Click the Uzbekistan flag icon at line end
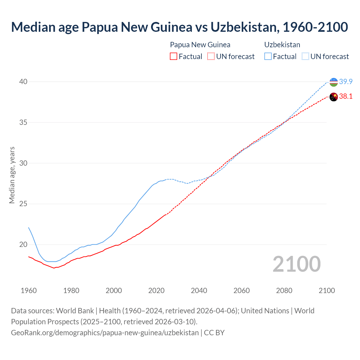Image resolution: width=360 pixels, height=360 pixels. point(334,82)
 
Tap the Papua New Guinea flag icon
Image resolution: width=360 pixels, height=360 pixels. point(334,97)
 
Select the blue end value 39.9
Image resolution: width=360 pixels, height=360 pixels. point(346,82)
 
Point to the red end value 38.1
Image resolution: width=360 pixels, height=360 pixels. point(346,96)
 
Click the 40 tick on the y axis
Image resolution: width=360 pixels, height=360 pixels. point(23,82)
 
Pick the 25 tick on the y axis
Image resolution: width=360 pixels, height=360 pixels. point(23,204)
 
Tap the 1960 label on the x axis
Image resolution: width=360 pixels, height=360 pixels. point(29,291)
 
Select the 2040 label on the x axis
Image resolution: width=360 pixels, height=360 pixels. point(199,291)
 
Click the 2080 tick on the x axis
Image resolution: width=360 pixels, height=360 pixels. point(284,291)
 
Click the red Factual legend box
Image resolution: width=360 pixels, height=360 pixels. point(174,57)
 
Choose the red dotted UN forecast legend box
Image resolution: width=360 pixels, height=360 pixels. point(211,57)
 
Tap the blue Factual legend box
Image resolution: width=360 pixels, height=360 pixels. point(268,57)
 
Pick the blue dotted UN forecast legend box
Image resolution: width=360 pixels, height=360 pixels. point(305,57)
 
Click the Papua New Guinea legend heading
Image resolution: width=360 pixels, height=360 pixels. point(200,45)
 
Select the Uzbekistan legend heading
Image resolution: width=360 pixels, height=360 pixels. point(282,45)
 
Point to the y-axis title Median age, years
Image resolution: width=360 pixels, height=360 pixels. point(12,175)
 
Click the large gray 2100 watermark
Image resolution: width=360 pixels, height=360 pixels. point(296,264)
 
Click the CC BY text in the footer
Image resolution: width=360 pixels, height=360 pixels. point(214,333)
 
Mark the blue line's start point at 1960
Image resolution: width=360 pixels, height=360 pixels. point(29,228)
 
